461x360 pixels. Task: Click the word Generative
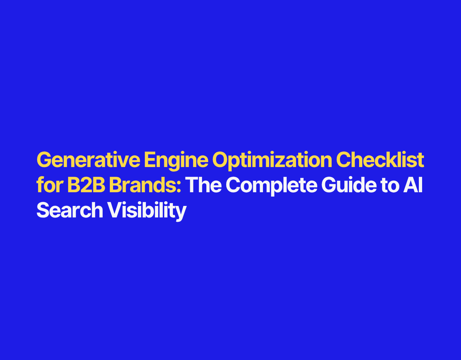[88, 159]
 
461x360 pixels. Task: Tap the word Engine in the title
[176, 161]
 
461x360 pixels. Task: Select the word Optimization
[272, 161]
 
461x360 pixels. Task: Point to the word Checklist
[380, 159]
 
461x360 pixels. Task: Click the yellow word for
[50, 185]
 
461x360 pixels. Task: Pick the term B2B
[86, 185]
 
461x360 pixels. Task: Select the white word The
[203, 185]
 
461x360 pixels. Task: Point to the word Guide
[349, 185]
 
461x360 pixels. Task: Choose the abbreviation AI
[413, 185]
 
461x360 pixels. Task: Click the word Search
[70, 210]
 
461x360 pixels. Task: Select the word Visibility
[147, 211]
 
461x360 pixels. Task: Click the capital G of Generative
[45, 159]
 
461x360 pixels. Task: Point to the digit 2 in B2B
[86, 185]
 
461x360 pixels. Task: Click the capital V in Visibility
[115, 210]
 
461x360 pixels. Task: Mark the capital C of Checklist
[344, 159]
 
